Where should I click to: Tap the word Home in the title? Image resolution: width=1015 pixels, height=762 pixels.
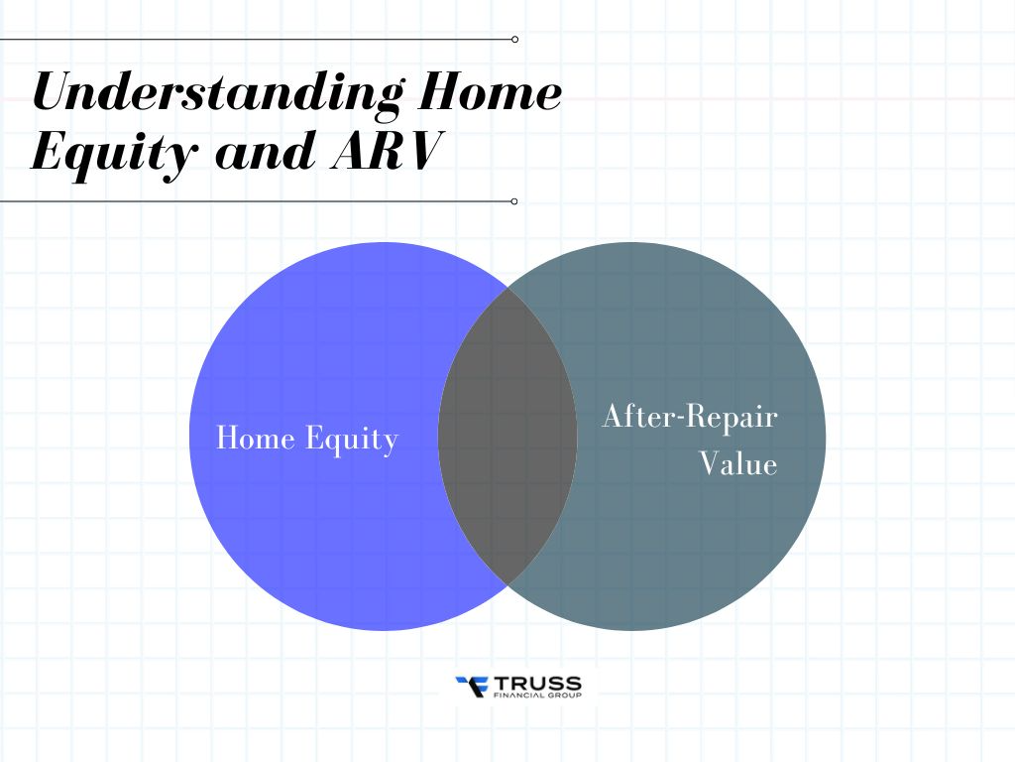coord(490,91)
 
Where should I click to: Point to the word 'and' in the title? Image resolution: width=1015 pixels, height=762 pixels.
coord(266,152)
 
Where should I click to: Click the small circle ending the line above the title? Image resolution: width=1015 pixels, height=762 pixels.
coord(514,40)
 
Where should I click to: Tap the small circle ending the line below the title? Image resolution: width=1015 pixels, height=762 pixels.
coord(514,201)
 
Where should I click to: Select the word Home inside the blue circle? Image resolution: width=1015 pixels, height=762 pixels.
coord(256,438)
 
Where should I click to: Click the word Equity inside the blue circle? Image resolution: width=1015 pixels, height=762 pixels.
coord(352,440)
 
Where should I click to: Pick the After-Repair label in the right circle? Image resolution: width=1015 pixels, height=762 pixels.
coord(690,416)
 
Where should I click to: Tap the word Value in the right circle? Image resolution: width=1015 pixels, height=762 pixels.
coord(738,464)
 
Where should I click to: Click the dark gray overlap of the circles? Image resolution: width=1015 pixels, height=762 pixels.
coord(507,437)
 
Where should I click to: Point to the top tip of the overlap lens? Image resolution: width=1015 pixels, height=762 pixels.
coord(508,289)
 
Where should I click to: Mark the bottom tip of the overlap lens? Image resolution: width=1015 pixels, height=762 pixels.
coord(508,583)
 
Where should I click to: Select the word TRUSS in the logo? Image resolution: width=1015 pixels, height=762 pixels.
coord(537,684)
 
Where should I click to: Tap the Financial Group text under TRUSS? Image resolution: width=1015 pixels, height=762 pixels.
coord(537,696)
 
